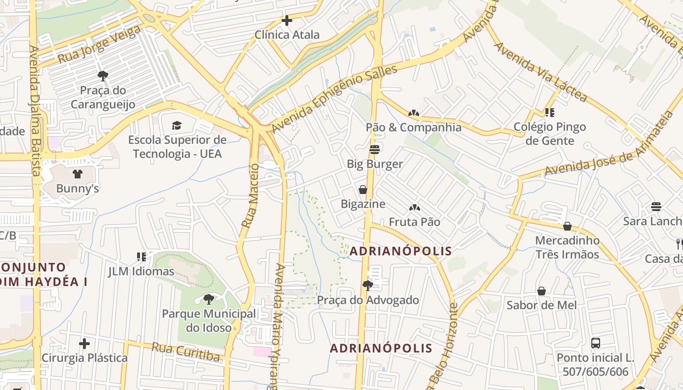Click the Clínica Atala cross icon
point(287,20)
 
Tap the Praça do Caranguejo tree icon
point(102,76)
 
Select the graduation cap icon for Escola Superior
point(177,125)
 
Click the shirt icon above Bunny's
point(77,174)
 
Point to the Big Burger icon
point(375,149)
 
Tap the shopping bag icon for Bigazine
point(363,190)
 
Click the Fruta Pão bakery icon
point(414,208)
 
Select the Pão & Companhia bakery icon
point(414,113)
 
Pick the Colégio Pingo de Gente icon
point(550,113)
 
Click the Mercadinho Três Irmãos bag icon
point(567,226)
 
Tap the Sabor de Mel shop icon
point(542,291)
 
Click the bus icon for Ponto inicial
point(596,343)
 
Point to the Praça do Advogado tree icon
point(368,286)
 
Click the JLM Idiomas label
point(141,271)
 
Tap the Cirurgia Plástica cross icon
point(84,344)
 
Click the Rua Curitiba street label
point(186,351)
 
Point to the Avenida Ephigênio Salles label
point(334,98)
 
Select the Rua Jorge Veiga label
point(100,45)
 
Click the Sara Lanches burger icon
point(656,207)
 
